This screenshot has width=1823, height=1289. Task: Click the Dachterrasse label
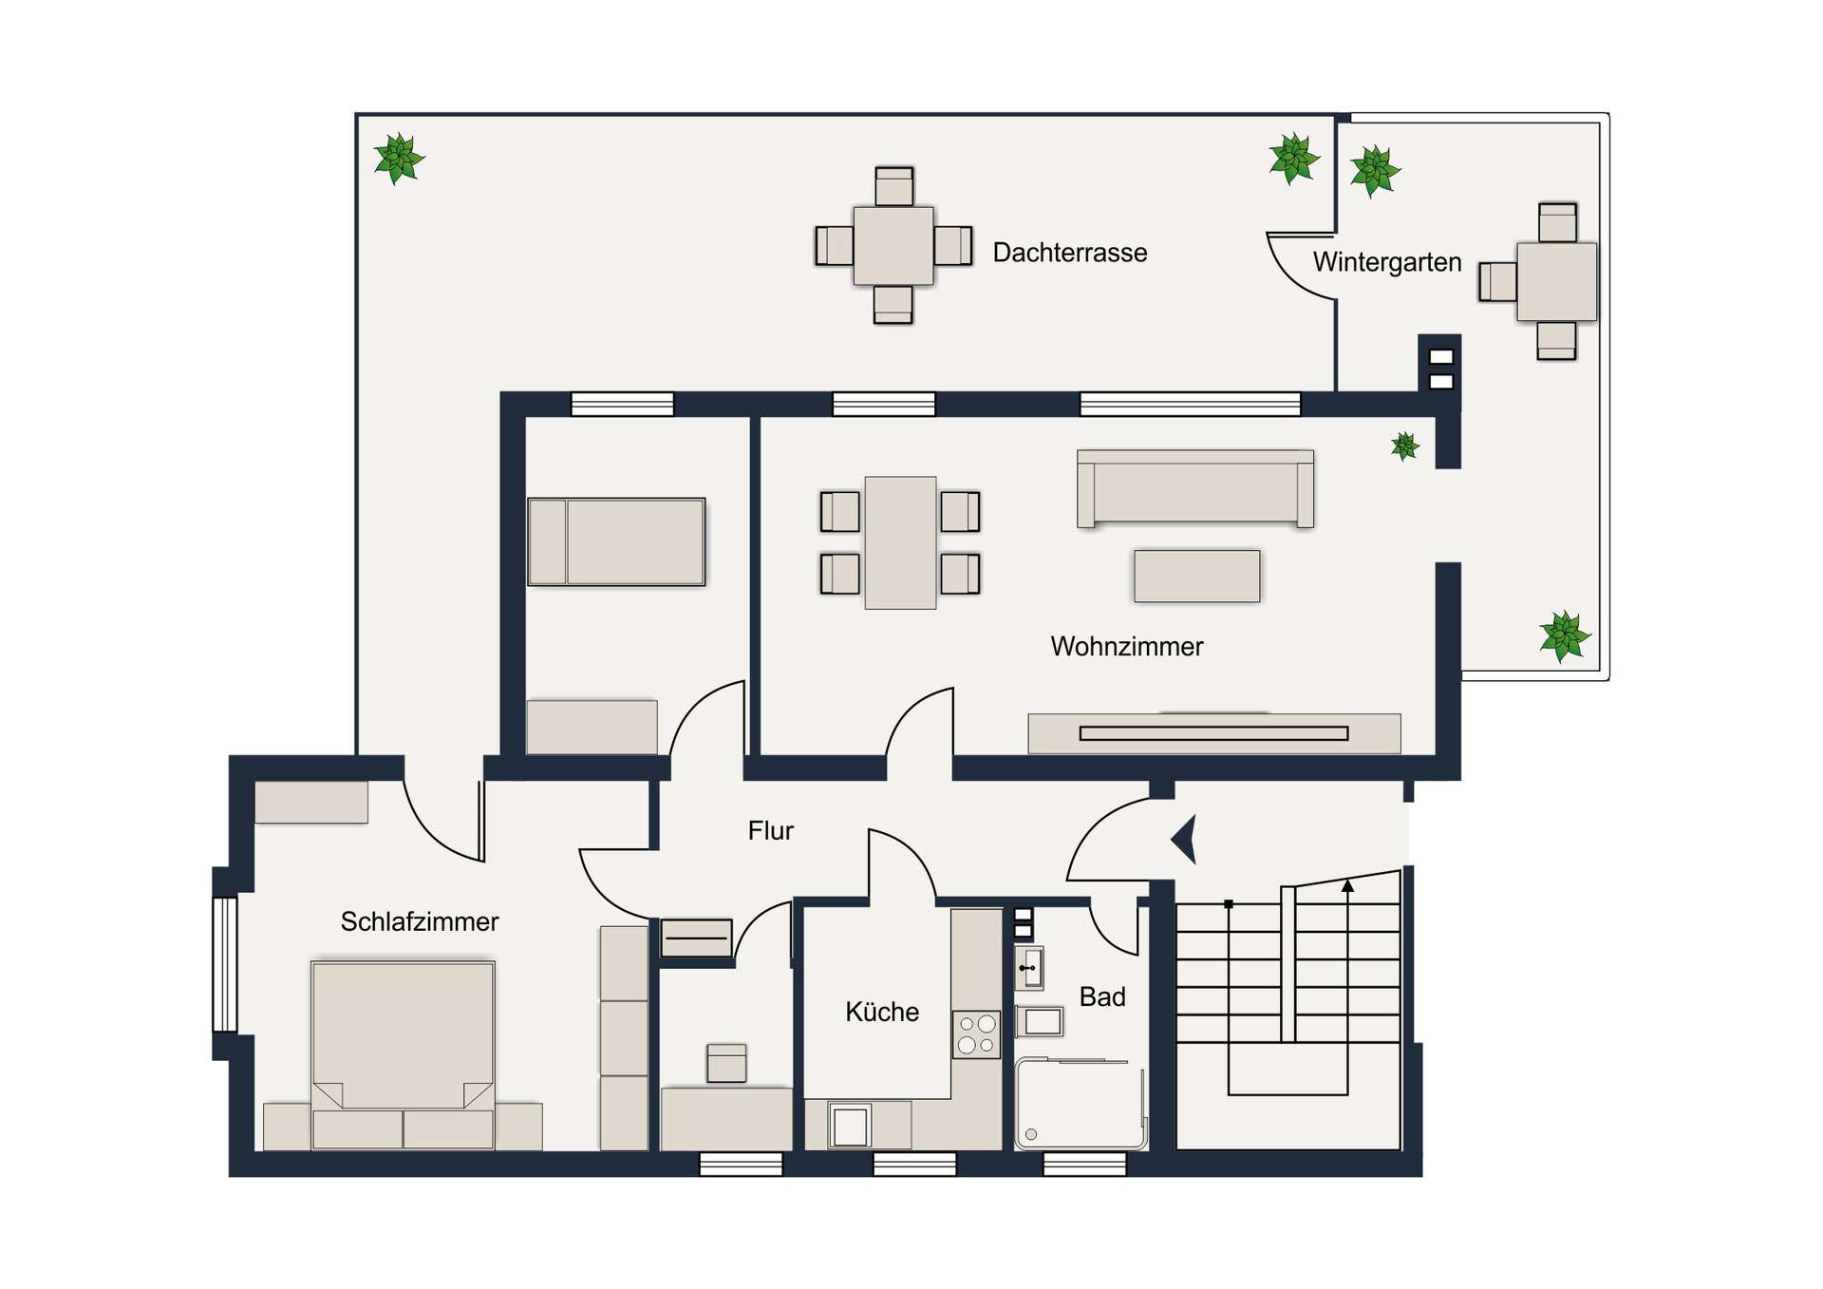click(1069, 253)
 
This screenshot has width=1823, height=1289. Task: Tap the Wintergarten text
click(1386, 262)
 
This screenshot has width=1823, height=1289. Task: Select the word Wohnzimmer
click(1126, 647)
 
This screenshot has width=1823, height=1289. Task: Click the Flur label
click(770, 831)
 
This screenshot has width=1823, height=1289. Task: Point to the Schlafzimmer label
click(419, 921)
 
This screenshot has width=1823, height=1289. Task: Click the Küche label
click(881, 1012)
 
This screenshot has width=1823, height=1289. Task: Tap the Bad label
click(1101, 996)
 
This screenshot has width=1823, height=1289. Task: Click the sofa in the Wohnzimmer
click(1194, 489)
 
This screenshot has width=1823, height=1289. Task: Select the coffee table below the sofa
click(1196, 576)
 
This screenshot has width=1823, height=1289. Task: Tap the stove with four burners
click(976, 1034)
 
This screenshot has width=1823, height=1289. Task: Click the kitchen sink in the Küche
click(850, 1127)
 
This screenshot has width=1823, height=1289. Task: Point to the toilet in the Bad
click(1041, 1022)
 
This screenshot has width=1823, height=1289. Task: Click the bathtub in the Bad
click(1081, 1105)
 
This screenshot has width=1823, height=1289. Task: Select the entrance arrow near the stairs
click(1184, 839)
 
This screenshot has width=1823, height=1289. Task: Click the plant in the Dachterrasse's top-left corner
click(399, 158)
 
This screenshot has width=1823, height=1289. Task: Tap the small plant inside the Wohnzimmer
click(1404, 445)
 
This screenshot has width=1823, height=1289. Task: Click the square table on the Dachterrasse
click(893, 246)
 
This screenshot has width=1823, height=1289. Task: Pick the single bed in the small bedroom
click(616, 541)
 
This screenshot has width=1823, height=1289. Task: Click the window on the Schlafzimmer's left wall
click(224, 963)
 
